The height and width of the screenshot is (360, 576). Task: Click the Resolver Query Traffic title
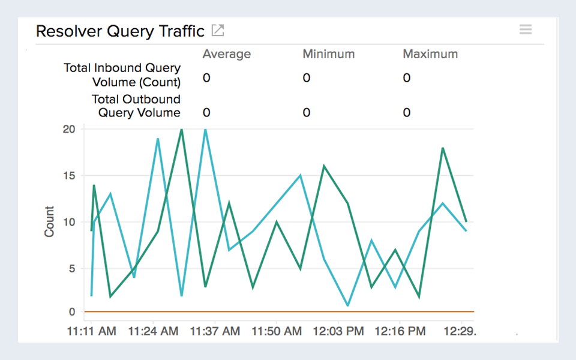(x=120, y=31)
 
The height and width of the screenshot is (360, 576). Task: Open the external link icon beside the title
(x=218, y=31)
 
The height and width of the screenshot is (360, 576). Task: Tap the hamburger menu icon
(x=526, y=29)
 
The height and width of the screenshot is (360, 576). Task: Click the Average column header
(x=226, y=54)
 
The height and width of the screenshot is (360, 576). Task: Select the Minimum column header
(x=328, y=54)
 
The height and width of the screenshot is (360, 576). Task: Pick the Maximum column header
(x=430, y=54)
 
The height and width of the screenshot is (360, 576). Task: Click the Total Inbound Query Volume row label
(x=122, y=75)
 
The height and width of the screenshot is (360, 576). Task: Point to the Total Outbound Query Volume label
(x=136, y=106)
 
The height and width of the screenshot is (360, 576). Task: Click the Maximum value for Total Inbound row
(x=407, y=78)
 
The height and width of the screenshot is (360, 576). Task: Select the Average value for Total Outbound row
(x=206, y=112)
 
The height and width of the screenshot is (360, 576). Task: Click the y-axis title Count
(x=49, y=221)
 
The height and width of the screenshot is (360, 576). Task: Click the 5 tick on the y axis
(x=71, y=268)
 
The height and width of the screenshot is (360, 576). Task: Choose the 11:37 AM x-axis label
(x=215, y=331)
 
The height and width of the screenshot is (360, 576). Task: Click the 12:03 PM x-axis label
(x=339, y=331)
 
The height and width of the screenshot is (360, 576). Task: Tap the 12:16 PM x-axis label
(x=401, y=331)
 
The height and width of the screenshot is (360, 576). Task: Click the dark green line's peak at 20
(x=181, y=130)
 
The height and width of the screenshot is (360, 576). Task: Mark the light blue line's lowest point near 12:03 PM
(x=348, y=305)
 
